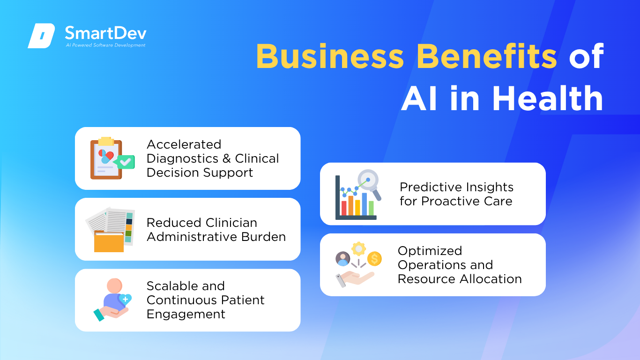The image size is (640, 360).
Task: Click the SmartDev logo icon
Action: tap(41, 36)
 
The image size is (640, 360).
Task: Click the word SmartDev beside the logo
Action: tap(106, 33)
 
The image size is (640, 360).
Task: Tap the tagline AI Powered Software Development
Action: tap(106, 45)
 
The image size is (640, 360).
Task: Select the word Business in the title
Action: tap(330, 56)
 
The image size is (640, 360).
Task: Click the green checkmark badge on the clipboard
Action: tap(125, 162)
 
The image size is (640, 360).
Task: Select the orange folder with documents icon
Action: tap(110, 230)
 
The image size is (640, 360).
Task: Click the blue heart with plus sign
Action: tap(125, 300)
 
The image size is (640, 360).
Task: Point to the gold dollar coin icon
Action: tap(374, 259)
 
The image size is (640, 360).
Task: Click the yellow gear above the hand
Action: tap(359, 249)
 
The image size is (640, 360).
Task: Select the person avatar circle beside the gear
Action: tap(343, 259)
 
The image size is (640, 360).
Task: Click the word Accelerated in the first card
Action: tap(184, 144)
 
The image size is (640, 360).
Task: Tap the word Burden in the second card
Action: tap(263, 237)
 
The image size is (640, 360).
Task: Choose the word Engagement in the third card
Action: tap(186, 315)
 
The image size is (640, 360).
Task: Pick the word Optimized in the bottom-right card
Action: tap(430, 251)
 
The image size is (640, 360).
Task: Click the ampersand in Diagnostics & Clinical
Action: tap(227, 159)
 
